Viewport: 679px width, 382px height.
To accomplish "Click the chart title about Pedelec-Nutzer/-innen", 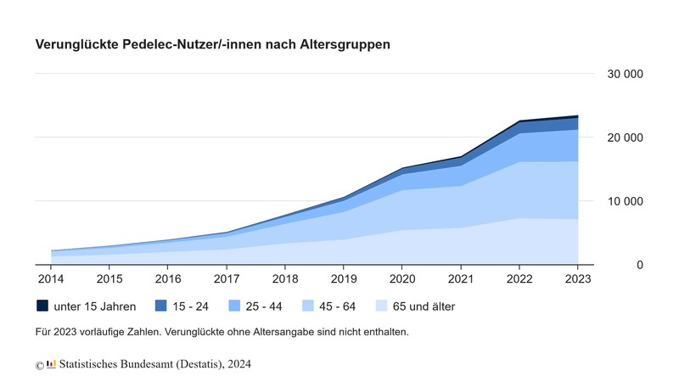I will coord(212,44).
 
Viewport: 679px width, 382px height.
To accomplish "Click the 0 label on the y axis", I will coord(639,266).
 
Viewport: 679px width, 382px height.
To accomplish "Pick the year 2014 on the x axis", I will coord(50,278).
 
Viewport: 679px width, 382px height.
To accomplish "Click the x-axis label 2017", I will coord(227,278).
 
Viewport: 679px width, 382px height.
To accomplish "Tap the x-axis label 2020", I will coord(402,278).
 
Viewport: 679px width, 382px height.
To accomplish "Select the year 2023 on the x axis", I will coord(578,278).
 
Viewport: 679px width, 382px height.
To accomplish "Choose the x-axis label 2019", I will coord(344,278).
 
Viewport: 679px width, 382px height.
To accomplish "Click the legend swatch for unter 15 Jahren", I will coord(42,306).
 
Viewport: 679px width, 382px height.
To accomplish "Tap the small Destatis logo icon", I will coord(52,363).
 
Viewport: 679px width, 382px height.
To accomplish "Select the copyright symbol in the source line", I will coord(39,365).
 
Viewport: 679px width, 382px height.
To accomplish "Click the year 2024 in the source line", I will coord(238,364).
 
